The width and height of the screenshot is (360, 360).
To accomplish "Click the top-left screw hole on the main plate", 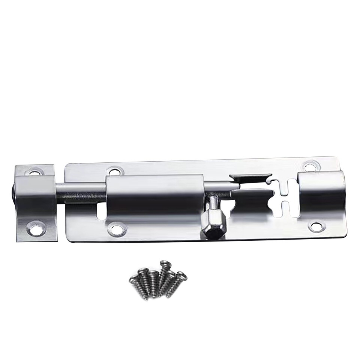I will pos(115,171).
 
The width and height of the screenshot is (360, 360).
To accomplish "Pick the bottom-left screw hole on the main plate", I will pos(117,228).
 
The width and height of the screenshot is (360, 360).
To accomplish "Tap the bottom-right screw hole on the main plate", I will pos(316,226).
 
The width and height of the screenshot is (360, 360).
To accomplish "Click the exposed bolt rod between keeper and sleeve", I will pos(81,192).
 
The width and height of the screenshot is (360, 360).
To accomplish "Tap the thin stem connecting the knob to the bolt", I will pos(213,202).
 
